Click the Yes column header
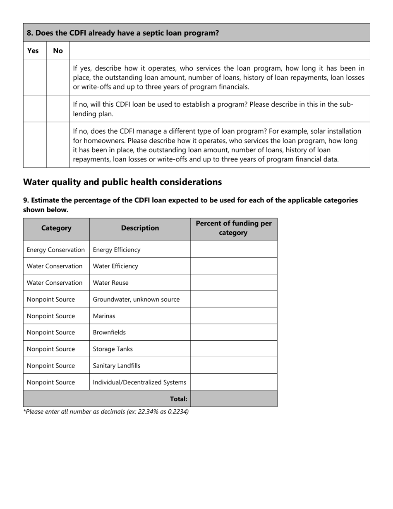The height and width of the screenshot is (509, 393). point(33,50)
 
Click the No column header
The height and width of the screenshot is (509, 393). point(58,50)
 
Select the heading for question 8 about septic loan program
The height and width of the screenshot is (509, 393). point(123,33)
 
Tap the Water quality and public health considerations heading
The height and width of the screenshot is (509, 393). point(122,182)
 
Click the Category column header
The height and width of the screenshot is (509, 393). point(56,228)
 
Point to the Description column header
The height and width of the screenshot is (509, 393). point(140,228)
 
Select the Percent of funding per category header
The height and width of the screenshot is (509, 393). point(234,228)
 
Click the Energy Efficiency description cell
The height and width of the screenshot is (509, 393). point(117,250)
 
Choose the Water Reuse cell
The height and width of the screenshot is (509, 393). point(110,283)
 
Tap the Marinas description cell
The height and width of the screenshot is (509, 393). point(104,316)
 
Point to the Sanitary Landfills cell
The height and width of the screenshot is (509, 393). point(117,366)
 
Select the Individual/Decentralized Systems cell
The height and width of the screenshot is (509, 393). point(139,382)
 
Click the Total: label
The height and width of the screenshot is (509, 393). point(178,399)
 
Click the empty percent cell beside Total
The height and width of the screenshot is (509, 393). point(234,399)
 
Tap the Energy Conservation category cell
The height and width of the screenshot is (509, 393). point(56,250)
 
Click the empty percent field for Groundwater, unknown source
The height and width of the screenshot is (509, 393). point(234,300)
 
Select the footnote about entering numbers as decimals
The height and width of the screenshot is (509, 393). point(106,412)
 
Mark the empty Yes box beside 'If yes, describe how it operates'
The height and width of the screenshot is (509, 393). point(35,77)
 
